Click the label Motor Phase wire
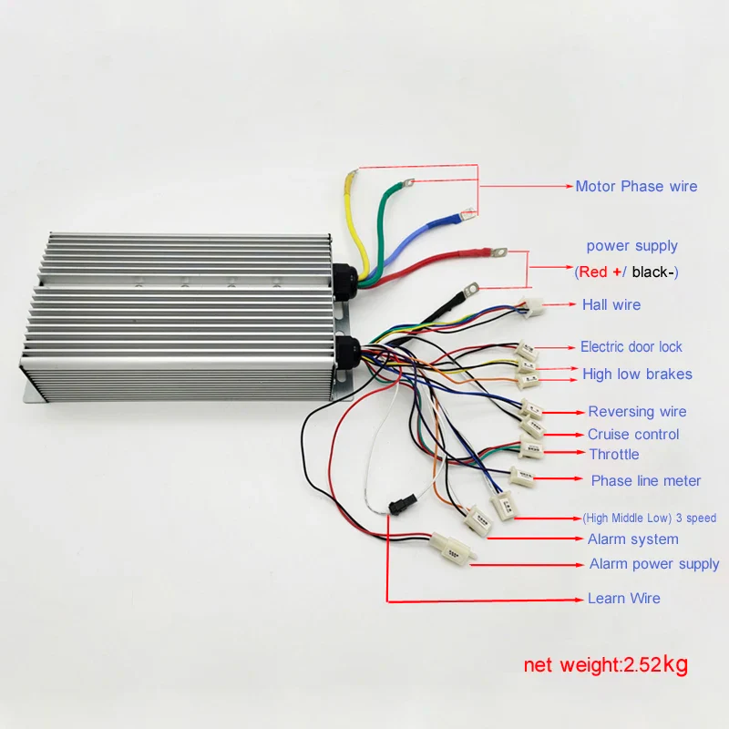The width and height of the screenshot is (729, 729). click(636, 187)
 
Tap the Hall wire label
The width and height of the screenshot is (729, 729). click(611, 304)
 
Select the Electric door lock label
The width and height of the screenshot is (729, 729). click(631, 347)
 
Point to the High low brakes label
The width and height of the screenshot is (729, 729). click(637, 375)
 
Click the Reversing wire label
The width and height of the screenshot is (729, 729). click(637, 412)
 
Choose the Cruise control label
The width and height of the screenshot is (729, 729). click(633, 435)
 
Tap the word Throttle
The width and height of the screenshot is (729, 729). click(613, 455)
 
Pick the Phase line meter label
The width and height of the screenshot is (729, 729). click(646, 481)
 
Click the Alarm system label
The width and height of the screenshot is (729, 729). click(632, 539)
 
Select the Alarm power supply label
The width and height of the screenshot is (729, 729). click(654, 564)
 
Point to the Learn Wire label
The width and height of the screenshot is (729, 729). click(624, 599)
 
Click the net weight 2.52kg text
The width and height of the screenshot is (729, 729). click(605, 664)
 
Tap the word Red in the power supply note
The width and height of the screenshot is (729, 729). click(592, 272)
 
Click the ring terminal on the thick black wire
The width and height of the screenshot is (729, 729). click(471, 290)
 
